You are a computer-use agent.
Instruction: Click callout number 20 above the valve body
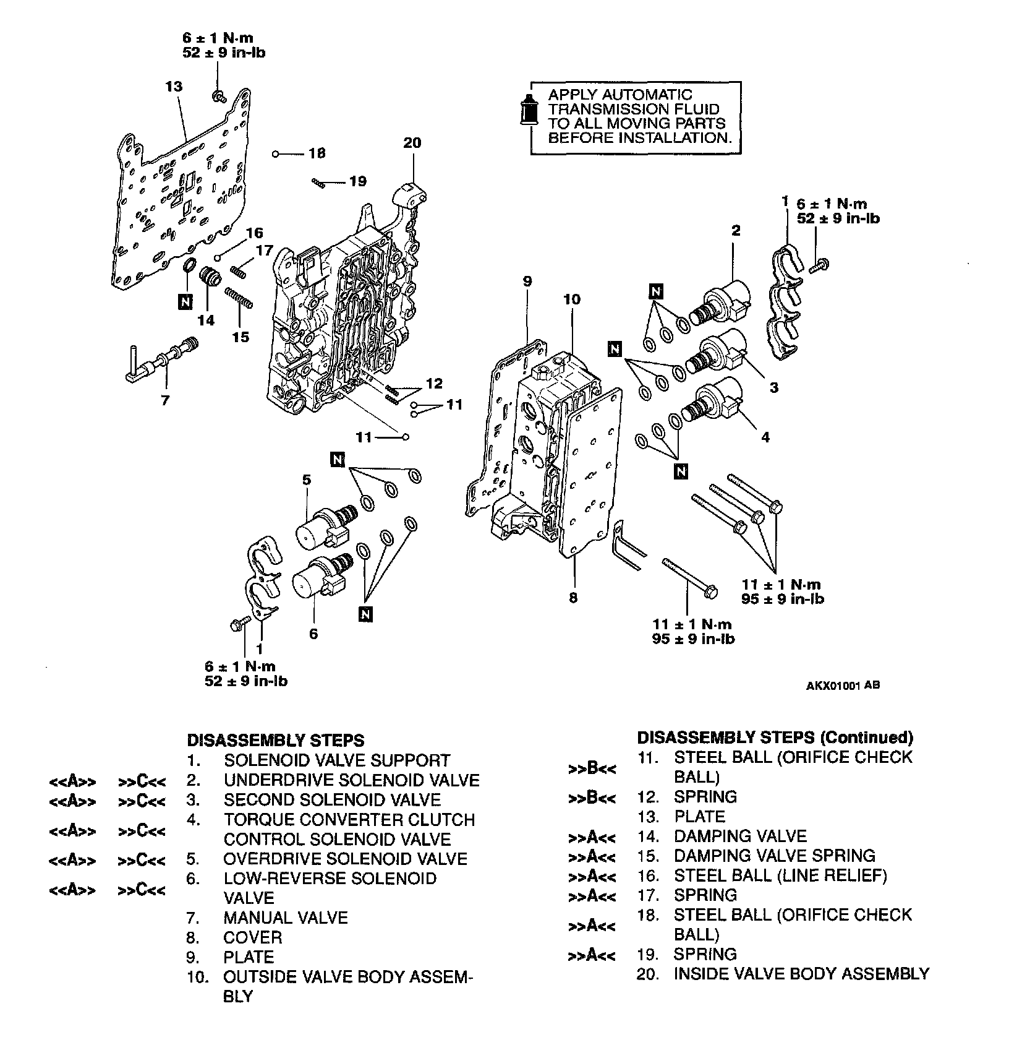(x=412, y=143)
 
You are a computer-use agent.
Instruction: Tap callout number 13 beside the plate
(x=174, y=87)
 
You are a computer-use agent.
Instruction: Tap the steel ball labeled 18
(x=276, y=153)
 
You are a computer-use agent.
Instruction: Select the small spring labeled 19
(x=318, y=182)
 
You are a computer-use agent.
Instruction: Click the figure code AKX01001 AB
(x=842, y=685)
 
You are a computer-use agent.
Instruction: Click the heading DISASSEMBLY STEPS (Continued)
(x=775, y=738)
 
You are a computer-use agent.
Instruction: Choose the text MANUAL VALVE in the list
(x=286, y=918)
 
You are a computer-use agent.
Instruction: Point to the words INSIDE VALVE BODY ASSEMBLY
(x=801, y=974)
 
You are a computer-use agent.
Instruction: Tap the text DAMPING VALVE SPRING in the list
(x=774, y=856)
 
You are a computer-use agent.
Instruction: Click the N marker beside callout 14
(x=184, y=301)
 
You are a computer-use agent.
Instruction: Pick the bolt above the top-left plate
(x=218, y=95)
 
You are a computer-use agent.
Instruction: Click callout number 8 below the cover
(x=573, y=598)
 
